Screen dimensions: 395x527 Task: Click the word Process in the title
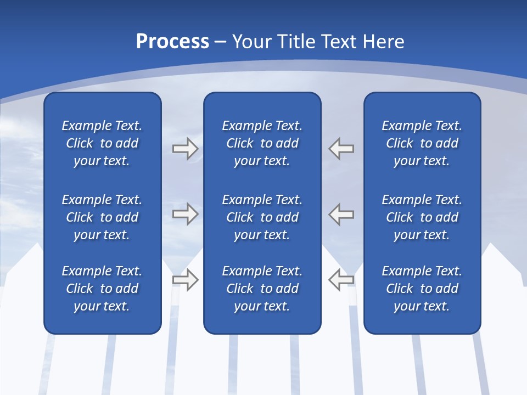[172, 42]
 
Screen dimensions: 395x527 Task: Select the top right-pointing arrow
[185, 149]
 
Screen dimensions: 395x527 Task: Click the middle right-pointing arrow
[185, 214]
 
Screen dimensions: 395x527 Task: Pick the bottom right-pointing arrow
[185, 280]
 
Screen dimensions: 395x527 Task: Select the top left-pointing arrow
[341, 149]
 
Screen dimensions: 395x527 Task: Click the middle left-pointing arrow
[341, 214]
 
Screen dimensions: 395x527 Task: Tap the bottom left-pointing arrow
[341, 280]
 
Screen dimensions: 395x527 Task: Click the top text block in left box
[102, 143]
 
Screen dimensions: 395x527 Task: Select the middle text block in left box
[102, 217]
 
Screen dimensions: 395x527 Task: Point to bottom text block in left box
[102, 289]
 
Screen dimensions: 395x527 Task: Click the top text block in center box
[262, 143]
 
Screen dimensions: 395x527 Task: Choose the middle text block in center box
[262, 217]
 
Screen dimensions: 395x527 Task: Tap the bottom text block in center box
[262, 289]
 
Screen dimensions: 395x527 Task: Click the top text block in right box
[422, 143]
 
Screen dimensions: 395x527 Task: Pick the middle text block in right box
[422, 217]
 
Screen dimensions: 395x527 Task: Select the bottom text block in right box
[422, 289]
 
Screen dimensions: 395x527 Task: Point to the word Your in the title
[252, 42]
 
